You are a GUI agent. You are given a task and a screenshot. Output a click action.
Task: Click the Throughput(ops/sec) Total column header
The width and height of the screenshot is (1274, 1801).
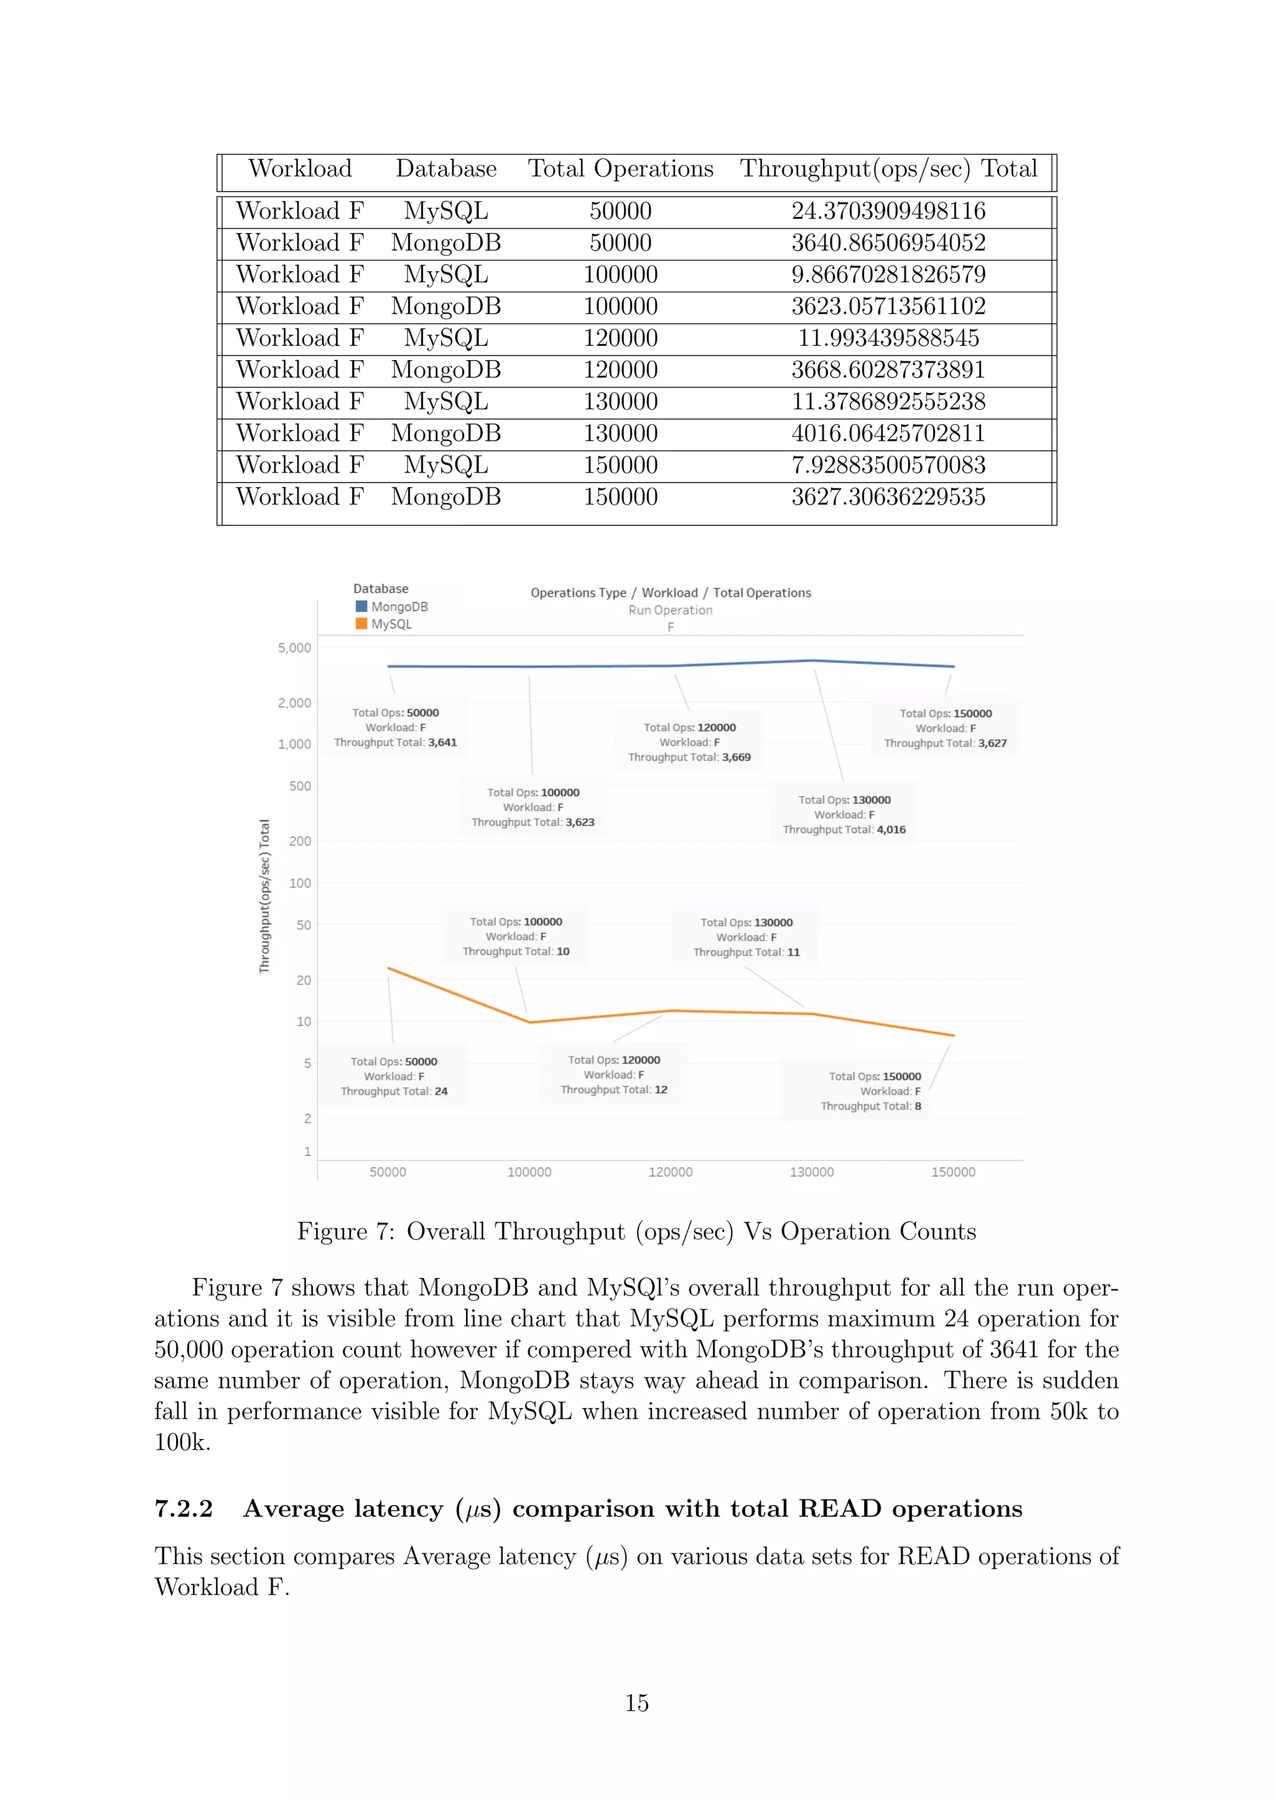(888, 169)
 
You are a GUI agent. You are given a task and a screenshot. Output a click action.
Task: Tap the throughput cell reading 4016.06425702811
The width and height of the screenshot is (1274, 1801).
(888, 434)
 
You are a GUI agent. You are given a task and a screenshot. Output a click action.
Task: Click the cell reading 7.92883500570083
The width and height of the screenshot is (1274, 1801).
(888, 466)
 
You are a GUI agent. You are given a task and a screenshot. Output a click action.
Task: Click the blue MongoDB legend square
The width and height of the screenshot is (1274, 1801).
(361, 606)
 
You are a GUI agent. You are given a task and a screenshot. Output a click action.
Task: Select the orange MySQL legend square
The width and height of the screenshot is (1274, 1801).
(361, 624)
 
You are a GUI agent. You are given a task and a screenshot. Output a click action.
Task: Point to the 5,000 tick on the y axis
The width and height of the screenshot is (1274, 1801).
(294, 648)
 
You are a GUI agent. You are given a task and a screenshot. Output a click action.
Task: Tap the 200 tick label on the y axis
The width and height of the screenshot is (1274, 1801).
(300, 841)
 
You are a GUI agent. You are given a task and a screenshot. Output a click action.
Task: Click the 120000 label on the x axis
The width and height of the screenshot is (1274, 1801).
(670, 1172)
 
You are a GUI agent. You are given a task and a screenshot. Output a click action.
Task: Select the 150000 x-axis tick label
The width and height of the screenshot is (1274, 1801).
(953, 1172)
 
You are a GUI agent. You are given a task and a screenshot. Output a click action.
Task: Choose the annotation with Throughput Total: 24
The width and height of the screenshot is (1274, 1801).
(394, 1076)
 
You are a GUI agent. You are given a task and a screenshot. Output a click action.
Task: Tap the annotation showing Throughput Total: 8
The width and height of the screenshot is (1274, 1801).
(871, 1091)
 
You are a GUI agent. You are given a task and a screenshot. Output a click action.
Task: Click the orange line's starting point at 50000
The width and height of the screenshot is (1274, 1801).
(388, 968)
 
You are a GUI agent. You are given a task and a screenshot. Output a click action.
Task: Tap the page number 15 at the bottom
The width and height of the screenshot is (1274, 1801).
(636, 1703)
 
